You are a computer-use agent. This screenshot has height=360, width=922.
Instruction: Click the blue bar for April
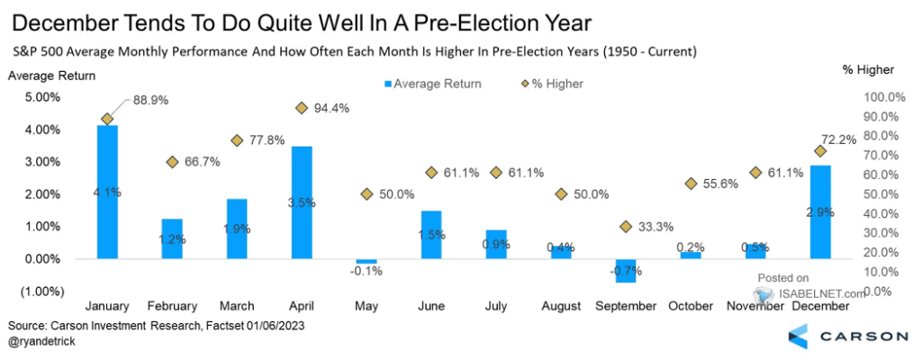tap(302, 202)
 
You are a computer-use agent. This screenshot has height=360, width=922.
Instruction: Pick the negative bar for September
tap(626, 271)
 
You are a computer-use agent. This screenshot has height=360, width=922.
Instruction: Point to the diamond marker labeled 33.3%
tap(626, 227)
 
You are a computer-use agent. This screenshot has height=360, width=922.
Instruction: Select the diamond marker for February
tap(172, 162)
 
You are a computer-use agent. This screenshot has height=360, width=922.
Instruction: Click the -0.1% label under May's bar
tap(366, 273)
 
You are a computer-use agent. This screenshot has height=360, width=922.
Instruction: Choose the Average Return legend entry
tap(429, 84)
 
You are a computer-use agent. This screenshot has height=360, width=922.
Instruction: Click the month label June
tap(431, 307)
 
